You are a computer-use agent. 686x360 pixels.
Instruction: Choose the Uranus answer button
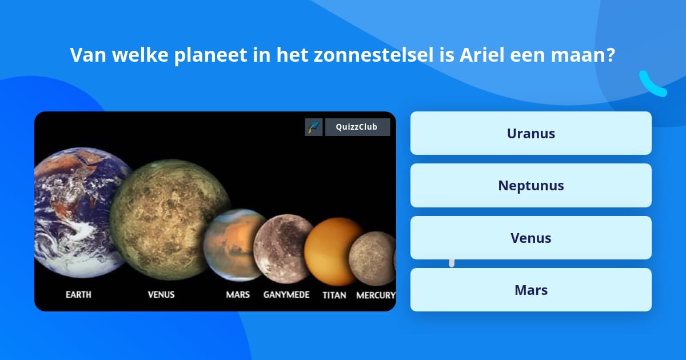tap(531, 133)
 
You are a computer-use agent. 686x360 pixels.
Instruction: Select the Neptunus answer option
tap(531, 185)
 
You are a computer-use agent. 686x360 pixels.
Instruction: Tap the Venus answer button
tap(531, 238)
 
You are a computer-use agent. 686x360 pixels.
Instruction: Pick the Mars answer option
tap(531, 290)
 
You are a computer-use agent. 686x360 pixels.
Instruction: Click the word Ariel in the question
tap(481, 55)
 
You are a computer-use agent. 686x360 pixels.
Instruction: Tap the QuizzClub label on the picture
tap(357, 127)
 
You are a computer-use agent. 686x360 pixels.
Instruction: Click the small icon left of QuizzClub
tap(314, 127)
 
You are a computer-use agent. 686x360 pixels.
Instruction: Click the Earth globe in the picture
tap(77, 211)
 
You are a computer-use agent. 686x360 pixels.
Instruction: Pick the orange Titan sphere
tap(333, 251)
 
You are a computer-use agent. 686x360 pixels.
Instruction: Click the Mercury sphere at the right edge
tap(372, 258)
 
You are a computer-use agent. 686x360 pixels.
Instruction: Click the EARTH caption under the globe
tap(78, 295)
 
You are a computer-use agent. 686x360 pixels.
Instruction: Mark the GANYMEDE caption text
tap(286, 295)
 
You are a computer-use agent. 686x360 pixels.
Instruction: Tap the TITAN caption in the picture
tap(334, 295)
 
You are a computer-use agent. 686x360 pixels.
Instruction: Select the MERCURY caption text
tap(376, 295)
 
